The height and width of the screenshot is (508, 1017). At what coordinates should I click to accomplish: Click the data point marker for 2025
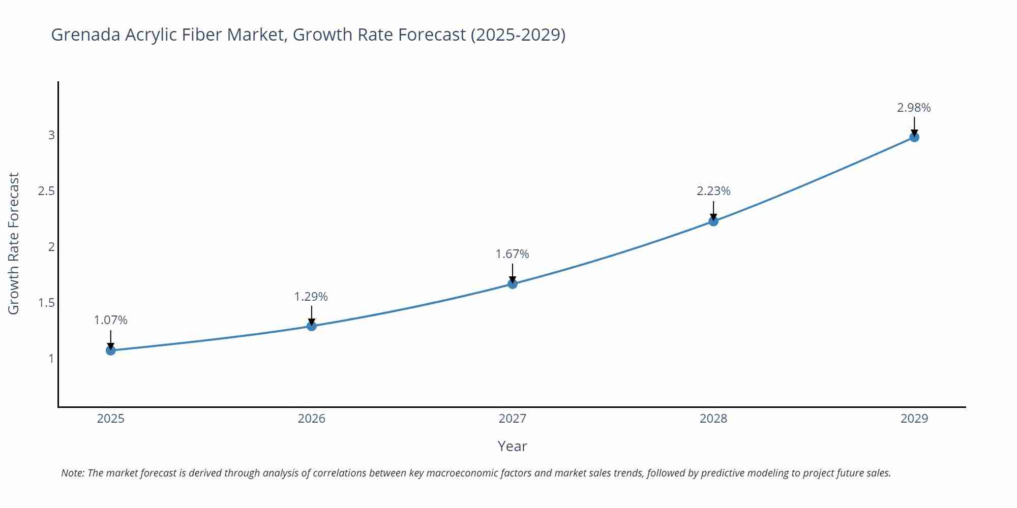(111, 350)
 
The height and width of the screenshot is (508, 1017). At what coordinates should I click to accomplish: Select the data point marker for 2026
(312, 326)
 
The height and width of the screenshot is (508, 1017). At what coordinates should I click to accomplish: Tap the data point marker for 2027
(513, 283)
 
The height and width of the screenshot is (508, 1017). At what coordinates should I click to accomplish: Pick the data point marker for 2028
(713, 221)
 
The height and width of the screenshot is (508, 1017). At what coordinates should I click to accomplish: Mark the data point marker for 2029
(914, 137)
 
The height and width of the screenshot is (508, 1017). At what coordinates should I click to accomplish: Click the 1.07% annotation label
(111, 320)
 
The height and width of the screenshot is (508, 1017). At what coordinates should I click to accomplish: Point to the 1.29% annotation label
(311, 296)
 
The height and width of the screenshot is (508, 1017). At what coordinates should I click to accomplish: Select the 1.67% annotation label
(513, 254)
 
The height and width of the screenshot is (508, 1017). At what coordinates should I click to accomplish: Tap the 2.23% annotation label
(713, 191)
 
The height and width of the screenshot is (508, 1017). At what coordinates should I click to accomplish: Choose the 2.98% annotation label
(914, 108)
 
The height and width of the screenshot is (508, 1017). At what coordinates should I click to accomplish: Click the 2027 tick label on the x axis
(513, 419)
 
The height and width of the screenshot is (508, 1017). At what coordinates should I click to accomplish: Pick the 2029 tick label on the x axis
(914, 419)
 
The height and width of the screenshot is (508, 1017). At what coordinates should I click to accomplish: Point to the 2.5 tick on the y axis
(46, 192)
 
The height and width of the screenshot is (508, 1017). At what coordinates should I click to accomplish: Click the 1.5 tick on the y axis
(46, 303)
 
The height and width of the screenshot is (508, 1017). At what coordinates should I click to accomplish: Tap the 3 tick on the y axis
(51, 135)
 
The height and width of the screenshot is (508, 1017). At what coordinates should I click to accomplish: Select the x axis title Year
(512, 446)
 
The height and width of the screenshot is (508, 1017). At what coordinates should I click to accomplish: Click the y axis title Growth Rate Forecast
(14, 243)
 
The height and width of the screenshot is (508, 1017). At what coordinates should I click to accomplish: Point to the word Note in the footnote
(72, 473)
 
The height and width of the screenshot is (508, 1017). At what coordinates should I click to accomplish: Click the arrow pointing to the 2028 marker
(713, 211)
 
